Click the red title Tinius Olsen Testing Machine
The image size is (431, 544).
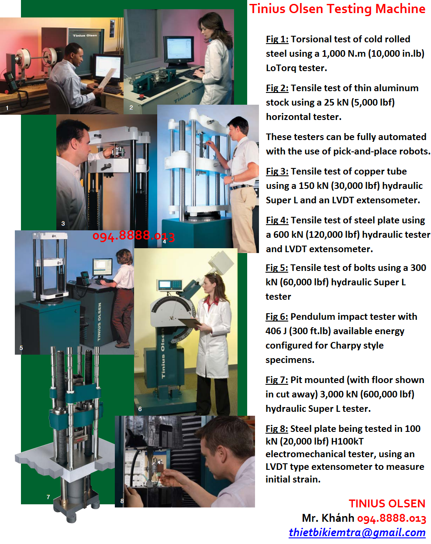tap(337, 9)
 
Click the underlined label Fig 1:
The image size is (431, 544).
tap(277, 39)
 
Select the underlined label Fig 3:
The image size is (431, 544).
tap(277, 171)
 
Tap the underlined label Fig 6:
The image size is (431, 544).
tap(276, 317)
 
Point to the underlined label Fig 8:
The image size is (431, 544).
tap(276, 429)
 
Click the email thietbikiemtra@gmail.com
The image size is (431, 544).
tap(357, 533)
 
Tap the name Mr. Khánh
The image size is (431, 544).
tap(328, 518)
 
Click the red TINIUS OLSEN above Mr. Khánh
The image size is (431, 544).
tap(387, 504)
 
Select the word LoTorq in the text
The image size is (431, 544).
tap(281, 68)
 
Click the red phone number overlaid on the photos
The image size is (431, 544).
tap(133, 236)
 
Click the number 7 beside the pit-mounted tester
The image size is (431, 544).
tap(48, 497)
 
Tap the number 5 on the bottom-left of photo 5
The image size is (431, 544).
tap(21, 348)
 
